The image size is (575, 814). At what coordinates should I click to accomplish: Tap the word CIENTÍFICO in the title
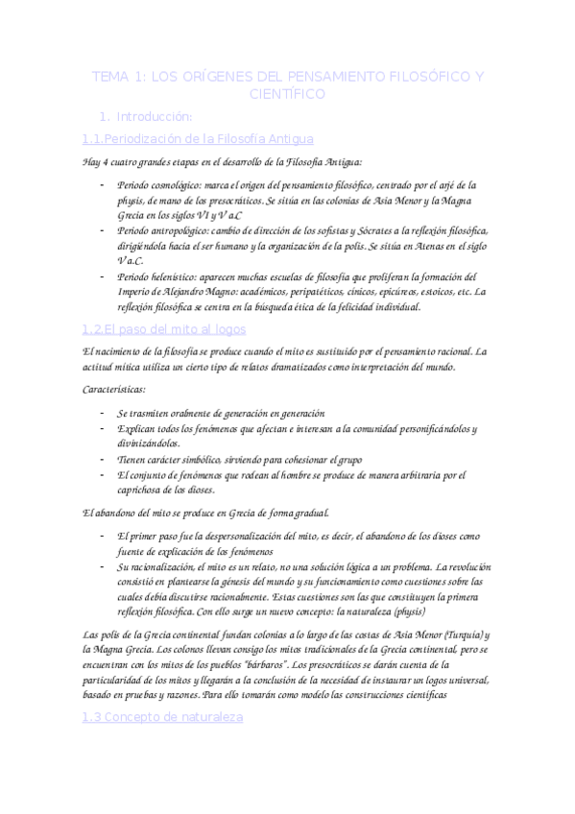(x=287, y=94)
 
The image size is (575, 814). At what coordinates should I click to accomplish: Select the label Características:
(x=115, y=390)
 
